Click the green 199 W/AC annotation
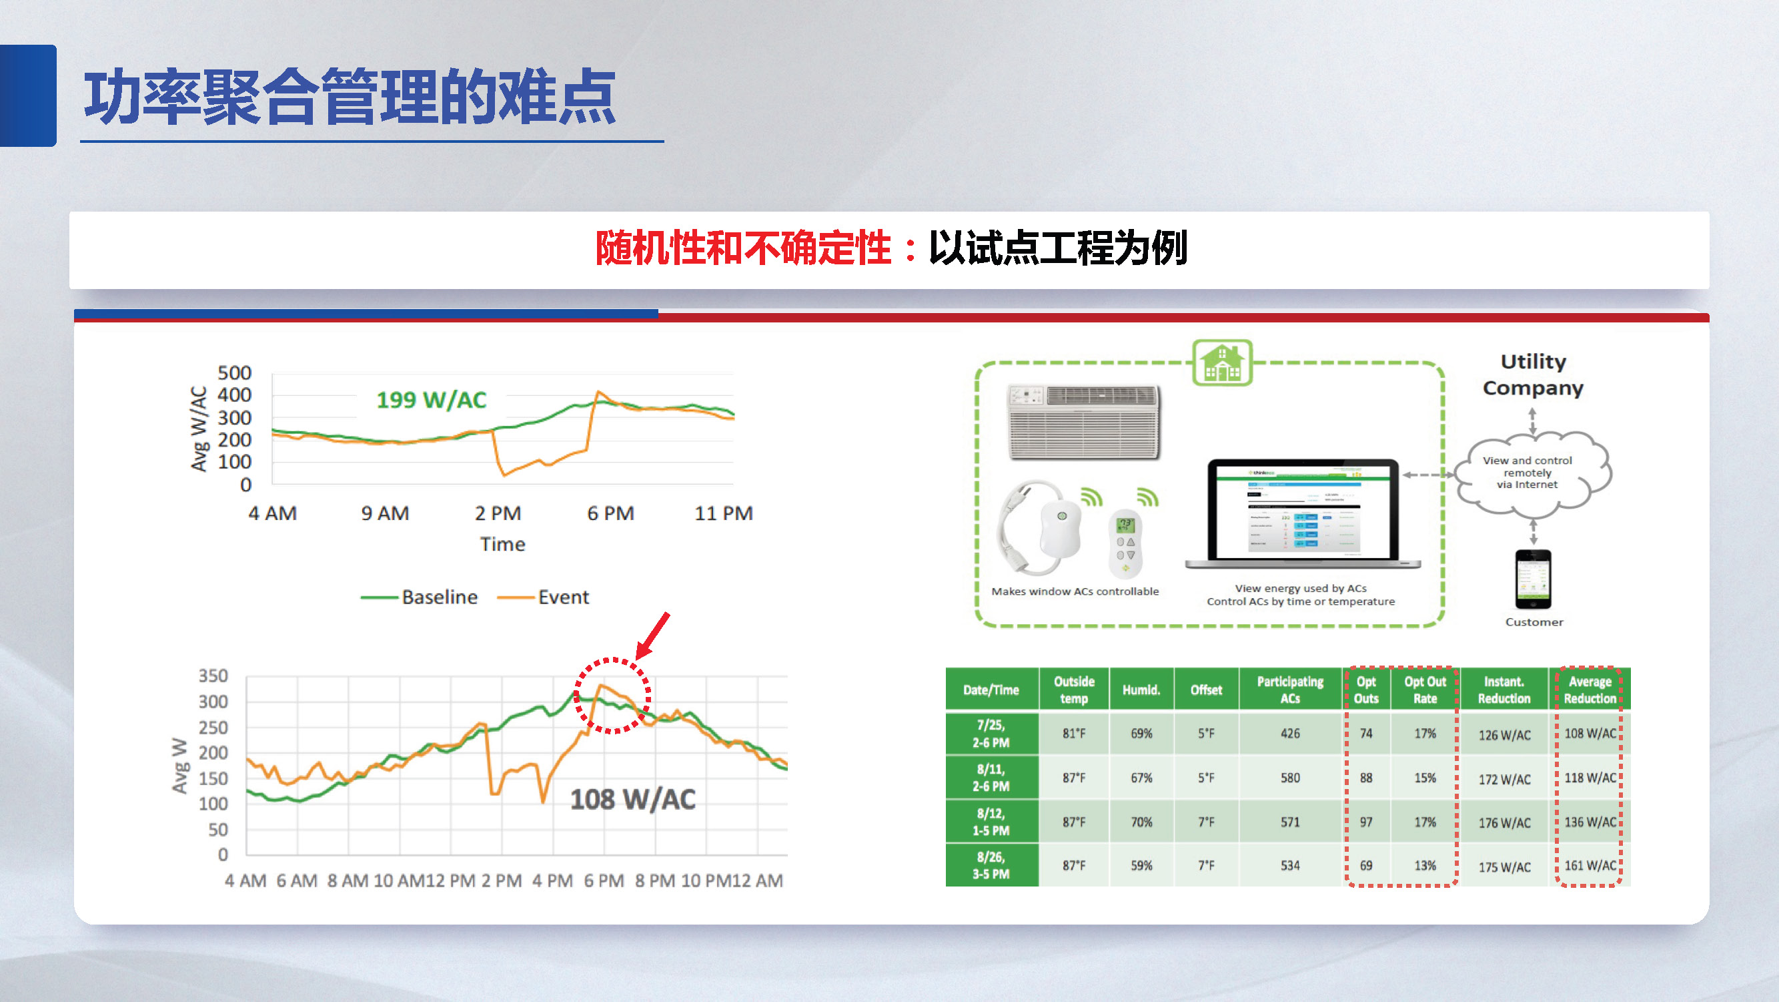pyautogui.click(x=431, y=400)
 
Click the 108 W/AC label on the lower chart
pyautogui.click(x=632, y=800)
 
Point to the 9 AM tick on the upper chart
pyautogui.click(x=385, y=513)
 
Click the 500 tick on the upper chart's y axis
pyautogui.click(x=234, y=373)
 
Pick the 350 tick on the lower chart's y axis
pyautogui.click(x=213, y=676)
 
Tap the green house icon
pyautogui.click(x=1221, y=362)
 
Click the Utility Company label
pyautogui.click(x=1532, y=374)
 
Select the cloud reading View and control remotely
pyautogui.click(x=1528, y=473)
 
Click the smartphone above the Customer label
pyautogui.click(x=1533, y=579)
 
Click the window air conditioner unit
pyautogui.click(x=1083, y=421)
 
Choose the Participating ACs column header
pyautogui.click(x=1289, y=690)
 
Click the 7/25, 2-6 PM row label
pyautogui.click(x=991, y=733)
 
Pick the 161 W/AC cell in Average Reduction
pyautogui.click(x=1590, y=865)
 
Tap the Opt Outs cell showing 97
pyautogui.click(x=1365, y=822)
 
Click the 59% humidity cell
pyautogui.click(x=1141, y=865)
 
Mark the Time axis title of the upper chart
pyautogui.click(x=503, y=545)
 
